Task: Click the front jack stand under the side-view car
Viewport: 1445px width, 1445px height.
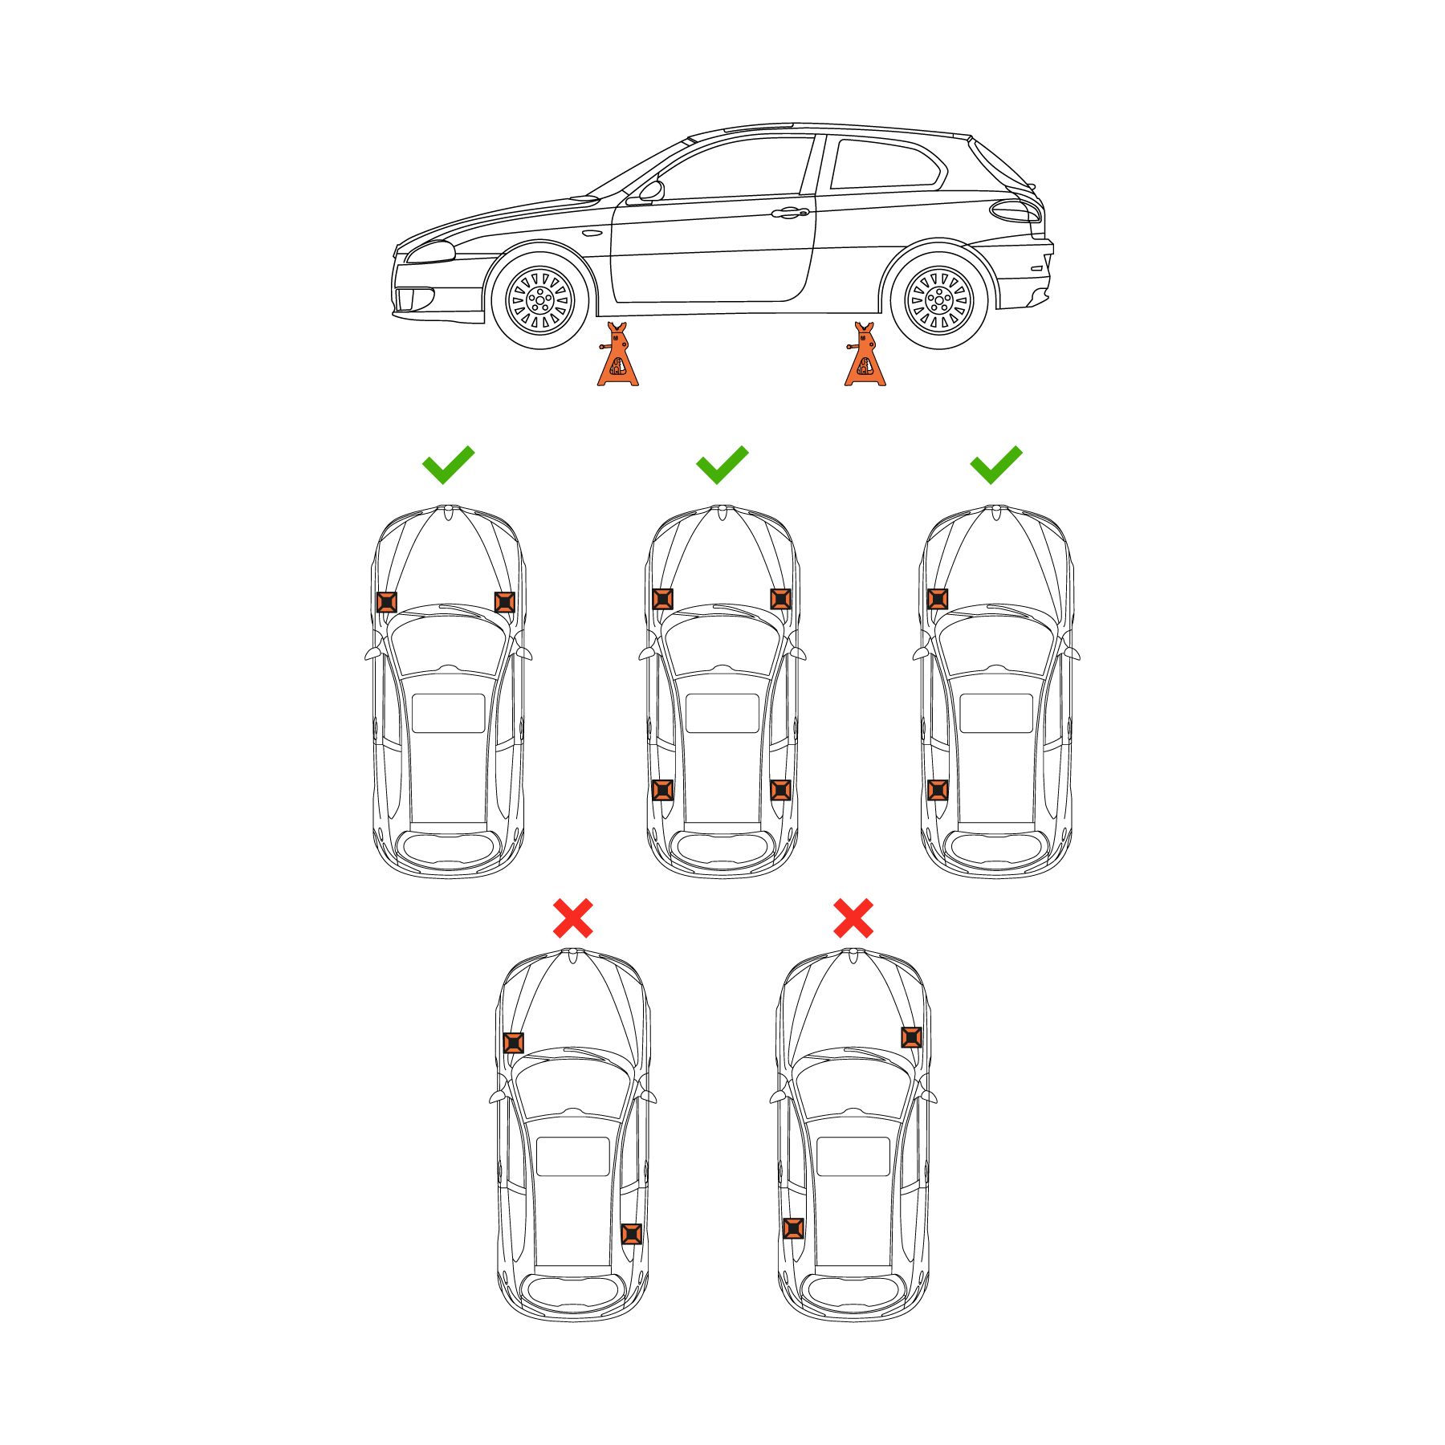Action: coord(617,358)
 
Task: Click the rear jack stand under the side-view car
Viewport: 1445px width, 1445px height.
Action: coord(865,358)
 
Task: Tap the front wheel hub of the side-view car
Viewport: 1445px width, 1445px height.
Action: coord(540,301)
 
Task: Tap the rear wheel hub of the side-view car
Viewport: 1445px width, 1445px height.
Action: coord(938,301)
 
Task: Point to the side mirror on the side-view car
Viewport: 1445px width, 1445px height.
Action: coord(652,191)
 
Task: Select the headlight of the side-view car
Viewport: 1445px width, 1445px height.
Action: coord(430,253)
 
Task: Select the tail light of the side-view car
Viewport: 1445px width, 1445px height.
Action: coord(1015,212)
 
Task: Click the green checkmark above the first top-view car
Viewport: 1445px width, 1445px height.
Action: coord(448,464)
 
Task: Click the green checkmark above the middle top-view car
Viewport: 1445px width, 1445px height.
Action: coord(722,464)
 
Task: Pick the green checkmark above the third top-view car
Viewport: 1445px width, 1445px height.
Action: coord(995,464)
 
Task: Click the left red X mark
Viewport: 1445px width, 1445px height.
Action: coord(573,918)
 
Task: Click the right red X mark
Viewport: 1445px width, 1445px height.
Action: coord(853,918)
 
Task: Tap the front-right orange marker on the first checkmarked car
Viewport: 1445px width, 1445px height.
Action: coord(504,601)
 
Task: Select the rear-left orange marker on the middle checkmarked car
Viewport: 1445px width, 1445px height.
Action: coord(662,790)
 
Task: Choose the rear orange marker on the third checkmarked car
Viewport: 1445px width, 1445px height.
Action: coord(937,790)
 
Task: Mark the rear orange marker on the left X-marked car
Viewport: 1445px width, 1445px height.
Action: coord(632,1234)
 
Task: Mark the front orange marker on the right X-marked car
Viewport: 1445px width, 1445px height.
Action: coord(911,1037)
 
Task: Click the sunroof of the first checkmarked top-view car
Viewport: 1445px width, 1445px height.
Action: coord(448,713)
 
